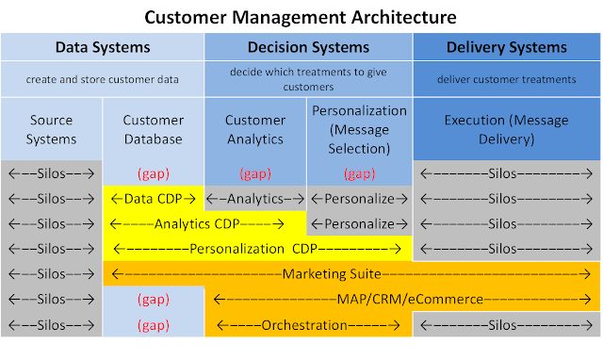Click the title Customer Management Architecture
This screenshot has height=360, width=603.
[x=301, y=17]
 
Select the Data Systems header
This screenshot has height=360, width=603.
[x=102, y=47]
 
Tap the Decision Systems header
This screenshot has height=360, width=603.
[x=307, y=47]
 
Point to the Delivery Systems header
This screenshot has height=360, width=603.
[x=507, y=47]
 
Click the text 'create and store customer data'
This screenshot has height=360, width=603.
[x=102, y=80]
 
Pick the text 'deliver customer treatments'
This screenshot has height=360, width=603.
[x=507, y=80]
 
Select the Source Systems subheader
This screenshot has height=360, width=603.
[x=51, y=130]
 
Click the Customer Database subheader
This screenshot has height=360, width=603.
[x=153, y=130]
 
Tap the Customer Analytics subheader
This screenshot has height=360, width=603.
[x=254, y=130]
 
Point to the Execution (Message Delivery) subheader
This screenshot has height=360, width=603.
[x=507, y=130]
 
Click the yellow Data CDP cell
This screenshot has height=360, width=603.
[x=153, y=199]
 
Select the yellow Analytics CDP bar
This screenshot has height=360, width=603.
[x=204, y=224]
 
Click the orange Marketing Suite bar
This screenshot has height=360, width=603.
[x=351, y=274]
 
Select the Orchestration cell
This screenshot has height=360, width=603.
[x=308, y=324]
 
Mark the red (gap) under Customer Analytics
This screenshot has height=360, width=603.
[x=254, y=174]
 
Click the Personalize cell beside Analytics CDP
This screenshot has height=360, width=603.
[x=358, y=224]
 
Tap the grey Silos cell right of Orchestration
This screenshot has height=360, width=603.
[x=507, y=324]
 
